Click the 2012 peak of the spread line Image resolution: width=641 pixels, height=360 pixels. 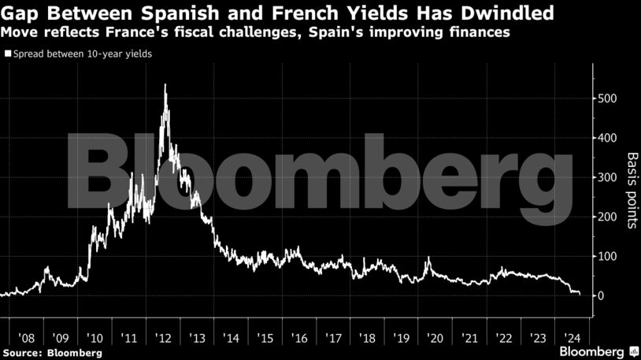[165, 85]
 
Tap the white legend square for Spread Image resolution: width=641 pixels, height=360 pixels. [7, 54]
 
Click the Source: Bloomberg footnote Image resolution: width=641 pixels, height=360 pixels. [52, 352]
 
